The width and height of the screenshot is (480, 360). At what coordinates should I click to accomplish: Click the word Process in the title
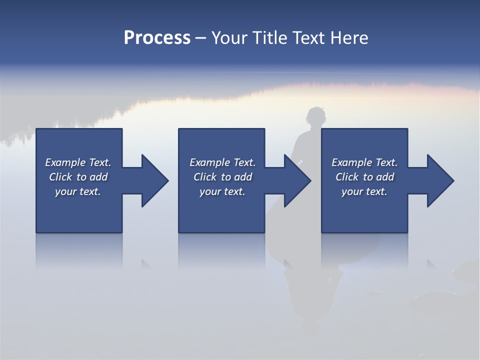(x=157, y=37)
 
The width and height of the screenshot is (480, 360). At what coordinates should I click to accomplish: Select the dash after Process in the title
(x=201, y=38)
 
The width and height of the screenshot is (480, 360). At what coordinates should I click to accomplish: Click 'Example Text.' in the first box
(x=78, y=162)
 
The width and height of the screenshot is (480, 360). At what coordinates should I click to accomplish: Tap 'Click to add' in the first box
(x=78, y=177)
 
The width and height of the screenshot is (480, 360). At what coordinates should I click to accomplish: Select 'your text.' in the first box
(x=78, y=191)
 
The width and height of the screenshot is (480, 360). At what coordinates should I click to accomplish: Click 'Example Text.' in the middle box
(x=222, y=162)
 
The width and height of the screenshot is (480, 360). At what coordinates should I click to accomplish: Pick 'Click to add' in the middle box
(x=222, y=177)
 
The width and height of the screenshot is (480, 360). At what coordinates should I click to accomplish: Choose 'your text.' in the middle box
(x=222, y=191)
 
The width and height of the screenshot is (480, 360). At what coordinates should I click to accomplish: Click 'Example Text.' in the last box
(x=364, y=162)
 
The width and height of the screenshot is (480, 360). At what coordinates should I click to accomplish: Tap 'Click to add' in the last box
(x=364, y=177)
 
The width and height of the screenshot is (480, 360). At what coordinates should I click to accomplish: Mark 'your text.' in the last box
(x=364, y=191)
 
